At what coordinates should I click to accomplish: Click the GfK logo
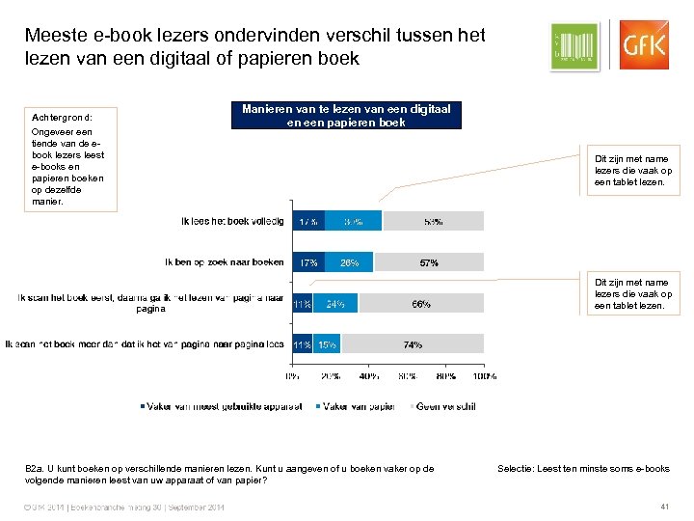[x=642, y=45]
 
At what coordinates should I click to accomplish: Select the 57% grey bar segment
[x=429, y=262]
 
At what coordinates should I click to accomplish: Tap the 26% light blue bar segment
[x=349, y=262]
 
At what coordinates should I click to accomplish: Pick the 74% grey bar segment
[x=414, y=343]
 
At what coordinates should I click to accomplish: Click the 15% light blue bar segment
[x=328, y=343]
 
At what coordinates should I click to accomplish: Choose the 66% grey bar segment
[x=421, y=304]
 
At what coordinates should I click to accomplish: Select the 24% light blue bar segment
[x=335, y=304]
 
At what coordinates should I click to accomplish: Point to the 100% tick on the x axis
[x=485, y=376]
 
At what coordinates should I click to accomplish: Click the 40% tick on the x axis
[x=368, y=376]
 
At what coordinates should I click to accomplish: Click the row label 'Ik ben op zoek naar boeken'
[x=224, y=262]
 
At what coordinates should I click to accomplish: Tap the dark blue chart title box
[x=345, y=116]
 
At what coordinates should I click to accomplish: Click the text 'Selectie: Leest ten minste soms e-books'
[x=583, y=469]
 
